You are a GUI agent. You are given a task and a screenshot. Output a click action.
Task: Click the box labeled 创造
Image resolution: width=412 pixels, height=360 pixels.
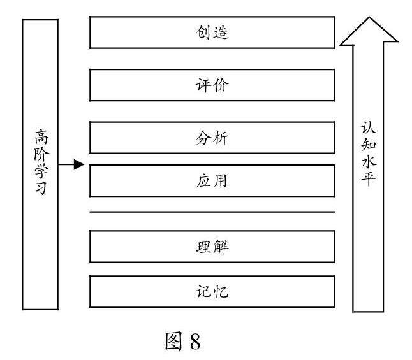click(x=212, y=32)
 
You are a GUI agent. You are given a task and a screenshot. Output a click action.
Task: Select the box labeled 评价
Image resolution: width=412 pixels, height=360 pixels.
click(x=212, y=85)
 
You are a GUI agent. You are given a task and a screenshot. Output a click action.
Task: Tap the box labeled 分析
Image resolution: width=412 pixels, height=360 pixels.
click(x=212, y=138)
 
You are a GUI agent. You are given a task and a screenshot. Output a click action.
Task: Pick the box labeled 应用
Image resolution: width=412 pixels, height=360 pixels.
click(x=212, y=181)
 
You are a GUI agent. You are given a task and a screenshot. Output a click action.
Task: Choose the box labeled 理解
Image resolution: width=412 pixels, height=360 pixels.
click(x=212, y=247)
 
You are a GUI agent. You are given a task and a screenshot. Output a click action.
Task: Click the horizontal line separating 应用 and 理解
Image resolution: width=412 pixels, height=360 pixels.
click(x=212, y=212)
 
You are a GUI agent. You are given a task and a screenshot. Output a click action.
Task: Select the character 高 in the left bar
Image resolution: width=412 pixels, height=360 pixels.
click(x=40, y=136)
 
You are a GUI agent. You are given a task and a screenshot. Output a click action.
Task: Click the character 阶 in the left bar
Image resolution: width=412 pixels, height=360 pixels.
click(x=40, y=153)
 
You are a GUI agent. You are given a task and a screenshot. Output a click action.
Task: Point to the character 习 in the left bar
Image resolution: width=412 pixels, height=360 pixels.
click(x=40, y=189)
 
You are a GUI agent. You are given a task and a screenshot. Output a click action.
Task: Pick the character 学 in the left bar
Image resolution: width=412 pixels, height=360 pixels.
click(x=40, y=171)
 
